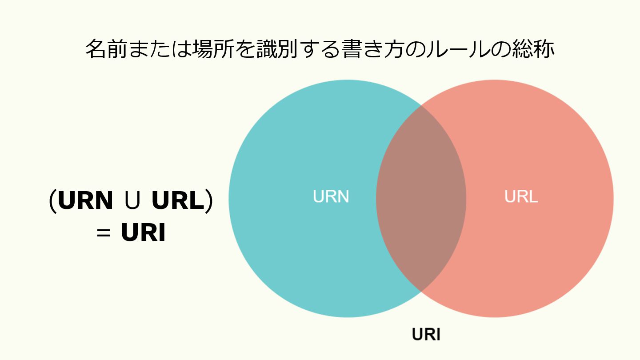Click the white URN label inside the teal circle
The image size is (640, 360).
331,196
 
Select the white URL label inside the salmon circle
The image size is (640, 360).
521,196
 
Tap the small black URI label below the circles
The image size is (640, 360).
426,335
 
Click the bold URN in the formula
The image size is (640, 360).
85,201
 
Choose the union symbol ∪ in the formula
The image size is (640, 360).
132,202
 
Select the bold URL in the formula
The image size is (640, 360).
176,201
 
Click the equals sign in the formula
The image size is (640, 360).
103,233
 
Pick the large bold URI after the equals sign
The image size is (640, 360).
143,233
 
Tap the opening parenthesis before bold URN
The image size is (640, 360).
52,202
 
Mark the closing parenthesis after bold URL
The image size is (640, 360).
208,202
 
